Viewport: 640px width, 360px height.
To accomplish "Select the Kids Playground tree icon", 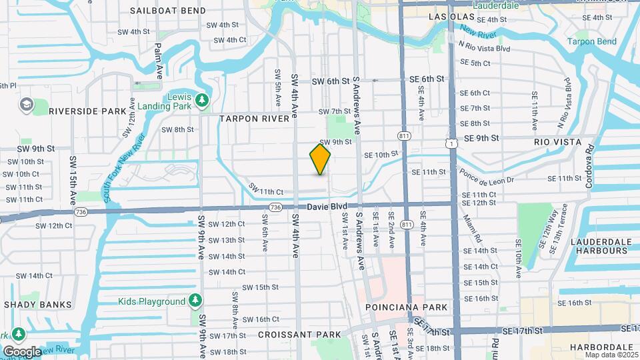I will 195,301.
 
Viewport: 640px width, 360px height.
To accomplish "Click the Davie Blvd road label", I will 324,207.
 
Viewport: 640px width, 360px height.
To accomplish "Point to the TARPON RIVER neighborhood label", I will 255,118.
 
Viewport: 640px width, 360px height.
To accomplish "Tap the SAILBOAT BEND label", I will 167,11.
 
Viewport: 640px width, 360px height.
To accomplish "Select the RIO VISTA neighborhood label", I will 557,142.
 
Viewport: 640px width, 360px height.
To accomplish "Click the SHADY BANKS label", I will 37,305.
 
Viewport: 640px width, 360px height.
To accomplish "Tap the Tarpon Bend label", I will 592,41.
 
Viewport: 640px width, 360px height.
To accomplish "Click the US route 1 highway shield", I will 453,143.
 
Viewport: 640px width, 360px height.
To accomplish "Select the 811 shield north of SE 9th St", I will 404,136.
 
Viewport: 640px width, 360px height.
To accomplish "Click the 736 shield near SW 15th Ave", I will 81,212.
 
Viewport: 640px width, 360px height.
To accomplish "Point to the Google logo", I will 22,351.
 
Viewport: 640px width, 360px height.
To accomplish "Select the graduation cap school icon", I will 27,105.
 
